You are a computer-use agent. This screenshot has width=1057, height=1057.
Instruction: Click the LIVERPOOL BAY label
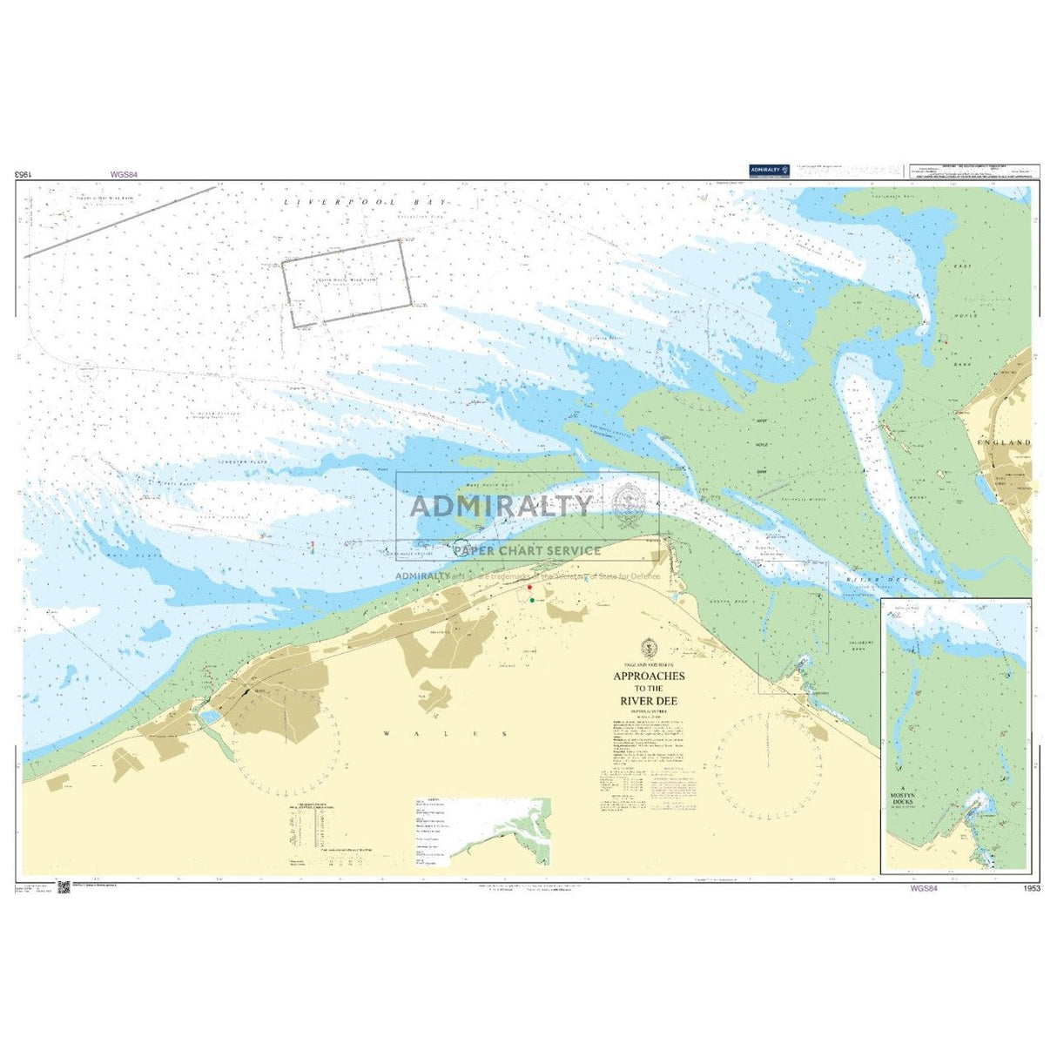pos(365,202)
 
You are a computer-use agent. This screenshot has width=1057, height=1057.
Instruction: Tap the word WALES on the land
pos(445,734)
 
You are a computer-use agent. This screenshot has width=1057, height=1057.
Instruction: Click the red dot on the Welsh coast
pos(529,589)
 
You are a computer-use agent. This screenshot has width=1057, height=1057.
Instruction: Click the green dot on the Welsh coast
pos(532,600)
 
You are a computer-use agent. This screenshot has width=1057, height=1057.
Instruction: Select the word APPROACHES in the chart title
pos(649,677)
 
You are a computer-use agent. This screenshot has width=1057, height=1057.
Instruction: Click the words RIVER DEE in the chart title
pos(649,700)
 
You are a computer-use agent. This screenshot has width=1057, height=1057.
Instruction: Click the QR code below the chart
pos(64,887)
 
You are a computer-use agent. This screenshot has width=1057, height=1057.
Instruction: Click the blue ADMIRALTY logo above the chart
pos(770,170)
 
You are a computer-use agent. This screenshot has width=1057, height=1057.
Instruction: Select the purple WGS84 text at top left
pos(124,174)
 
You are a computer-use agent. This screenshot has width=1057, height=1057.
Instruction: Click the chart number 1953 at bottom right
pos(1033,889)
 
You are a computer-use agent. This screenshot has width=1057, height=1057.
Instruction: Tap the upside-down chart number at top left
pos(23,174)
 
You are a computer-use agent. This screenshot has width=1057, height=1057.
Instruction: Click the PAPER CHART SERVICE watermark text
pos(527,550)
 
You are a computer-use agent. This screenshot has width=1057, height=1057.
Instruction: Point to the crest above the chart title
pos(648,648)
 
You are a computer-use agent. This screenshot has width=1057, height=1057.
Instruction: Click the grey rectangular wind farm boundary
pos(347,283)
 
